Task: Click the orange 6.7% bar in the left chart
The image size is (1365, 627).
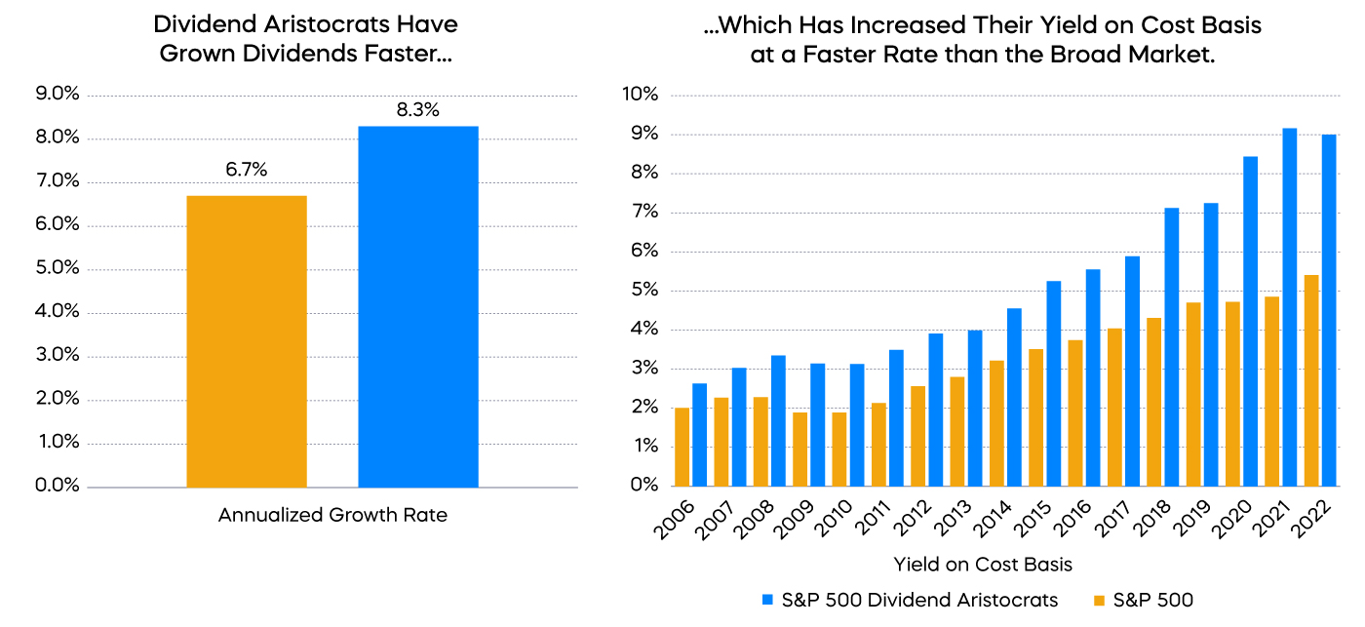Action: [246, 341]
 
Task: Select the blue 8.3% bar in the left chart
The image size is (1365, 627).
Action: [418, 306]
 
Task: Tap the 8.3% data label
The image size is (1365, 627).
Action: [418, 110]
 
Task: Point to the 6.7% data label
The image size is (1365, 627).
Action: [246, 170]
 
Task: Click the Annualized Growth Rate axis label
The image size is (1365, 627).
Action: [332, 515]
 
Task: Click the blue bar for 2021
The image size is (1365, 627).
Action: [1289, 307]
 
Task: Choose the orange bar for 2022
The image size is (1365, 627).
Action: [1311, 380]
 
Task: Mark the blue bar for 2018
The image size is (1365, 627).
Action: [1171, 347]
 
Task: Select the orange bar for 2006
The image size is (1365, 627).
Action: [682, 447]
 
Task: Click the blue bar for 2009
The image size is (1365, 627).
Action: [817, 424]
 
